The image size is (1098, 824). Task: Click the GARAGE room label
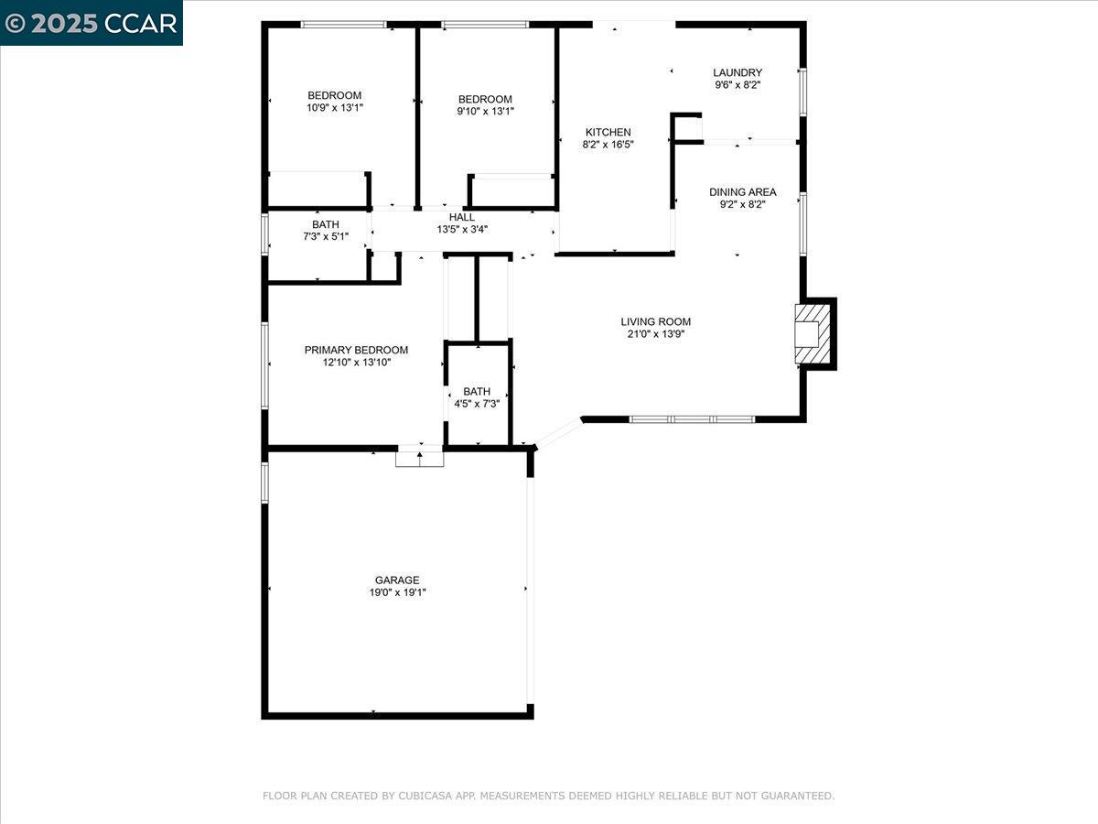397,580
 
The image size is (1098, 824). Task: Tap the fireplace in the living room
813,334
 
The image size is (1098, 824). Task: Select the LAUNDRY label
737,72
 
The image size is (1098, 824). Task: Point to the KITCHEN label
608,132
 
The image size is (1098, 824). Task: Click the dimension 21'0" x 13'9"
656,334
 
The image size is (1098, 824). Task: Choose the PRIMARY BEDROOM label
356,350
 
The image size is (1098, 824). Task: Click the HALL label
462,217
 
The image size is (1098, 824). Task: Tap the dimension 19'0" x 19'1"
397,592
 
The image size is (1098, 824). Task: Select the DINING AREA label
742,192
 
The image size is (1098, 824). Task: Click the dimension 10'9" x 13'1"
335,107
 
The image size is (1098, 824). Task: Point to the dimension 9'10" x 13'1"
485,111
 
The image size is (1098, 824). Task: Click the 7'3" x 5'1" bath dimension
326,236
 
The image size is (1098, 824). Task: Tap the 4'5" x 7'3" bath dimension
477,404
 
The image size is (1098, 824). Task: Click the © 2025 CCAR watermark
91,23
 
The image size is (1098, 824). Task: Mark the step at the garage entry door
420,459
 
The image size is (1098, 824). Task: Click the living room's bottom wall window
692,419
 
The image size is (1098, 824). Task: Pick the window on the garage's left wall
264,482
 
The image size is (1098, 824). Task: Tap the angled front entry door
559,433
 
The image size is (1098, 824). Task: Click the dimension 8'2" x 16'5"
608,145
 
